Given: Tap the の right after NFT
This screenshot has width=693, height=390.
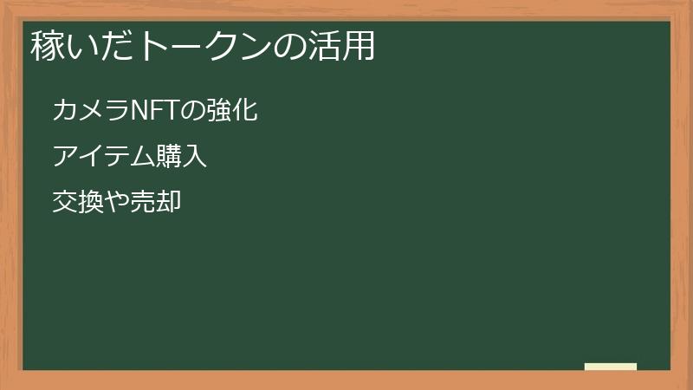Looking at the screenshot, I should pos(193,111).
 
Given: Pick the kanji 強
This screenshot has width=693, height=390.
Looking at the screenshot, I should pos(219,111).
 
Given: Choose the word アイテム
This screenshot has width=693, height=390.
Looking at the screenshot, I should pos(103,157).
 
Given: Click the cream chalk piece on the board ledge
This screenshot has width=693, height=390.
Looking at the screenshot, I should pos(611,367).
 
